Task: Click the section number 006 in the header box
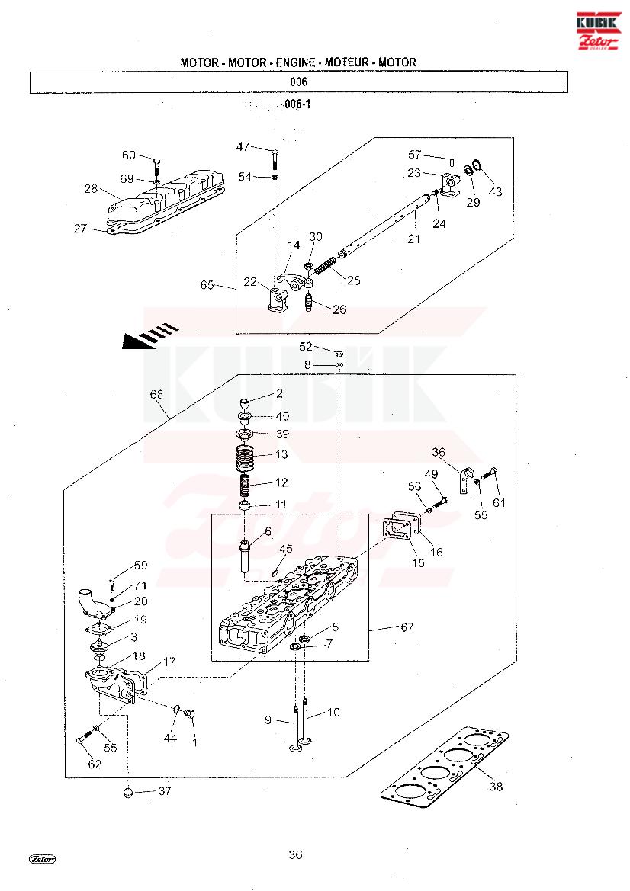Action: [298, 82]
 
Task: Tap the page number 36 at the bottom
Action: [295, 854]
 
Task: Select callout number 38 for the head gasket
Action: [496, 787]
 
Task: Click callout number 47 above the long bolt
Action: [243, 146]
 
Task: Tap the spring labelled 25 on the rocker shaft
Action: [326, 266]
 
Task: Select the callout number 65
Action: [207, 285]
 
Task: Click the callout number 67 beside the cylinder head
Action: [407, 627]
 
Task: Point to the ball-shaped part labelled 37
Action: [129, 792]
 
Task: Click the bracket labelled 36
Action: [463, 478]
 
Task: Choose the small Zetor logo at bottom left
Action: [43, 858]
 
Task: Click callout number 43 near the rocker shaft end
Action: [496, 191]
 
